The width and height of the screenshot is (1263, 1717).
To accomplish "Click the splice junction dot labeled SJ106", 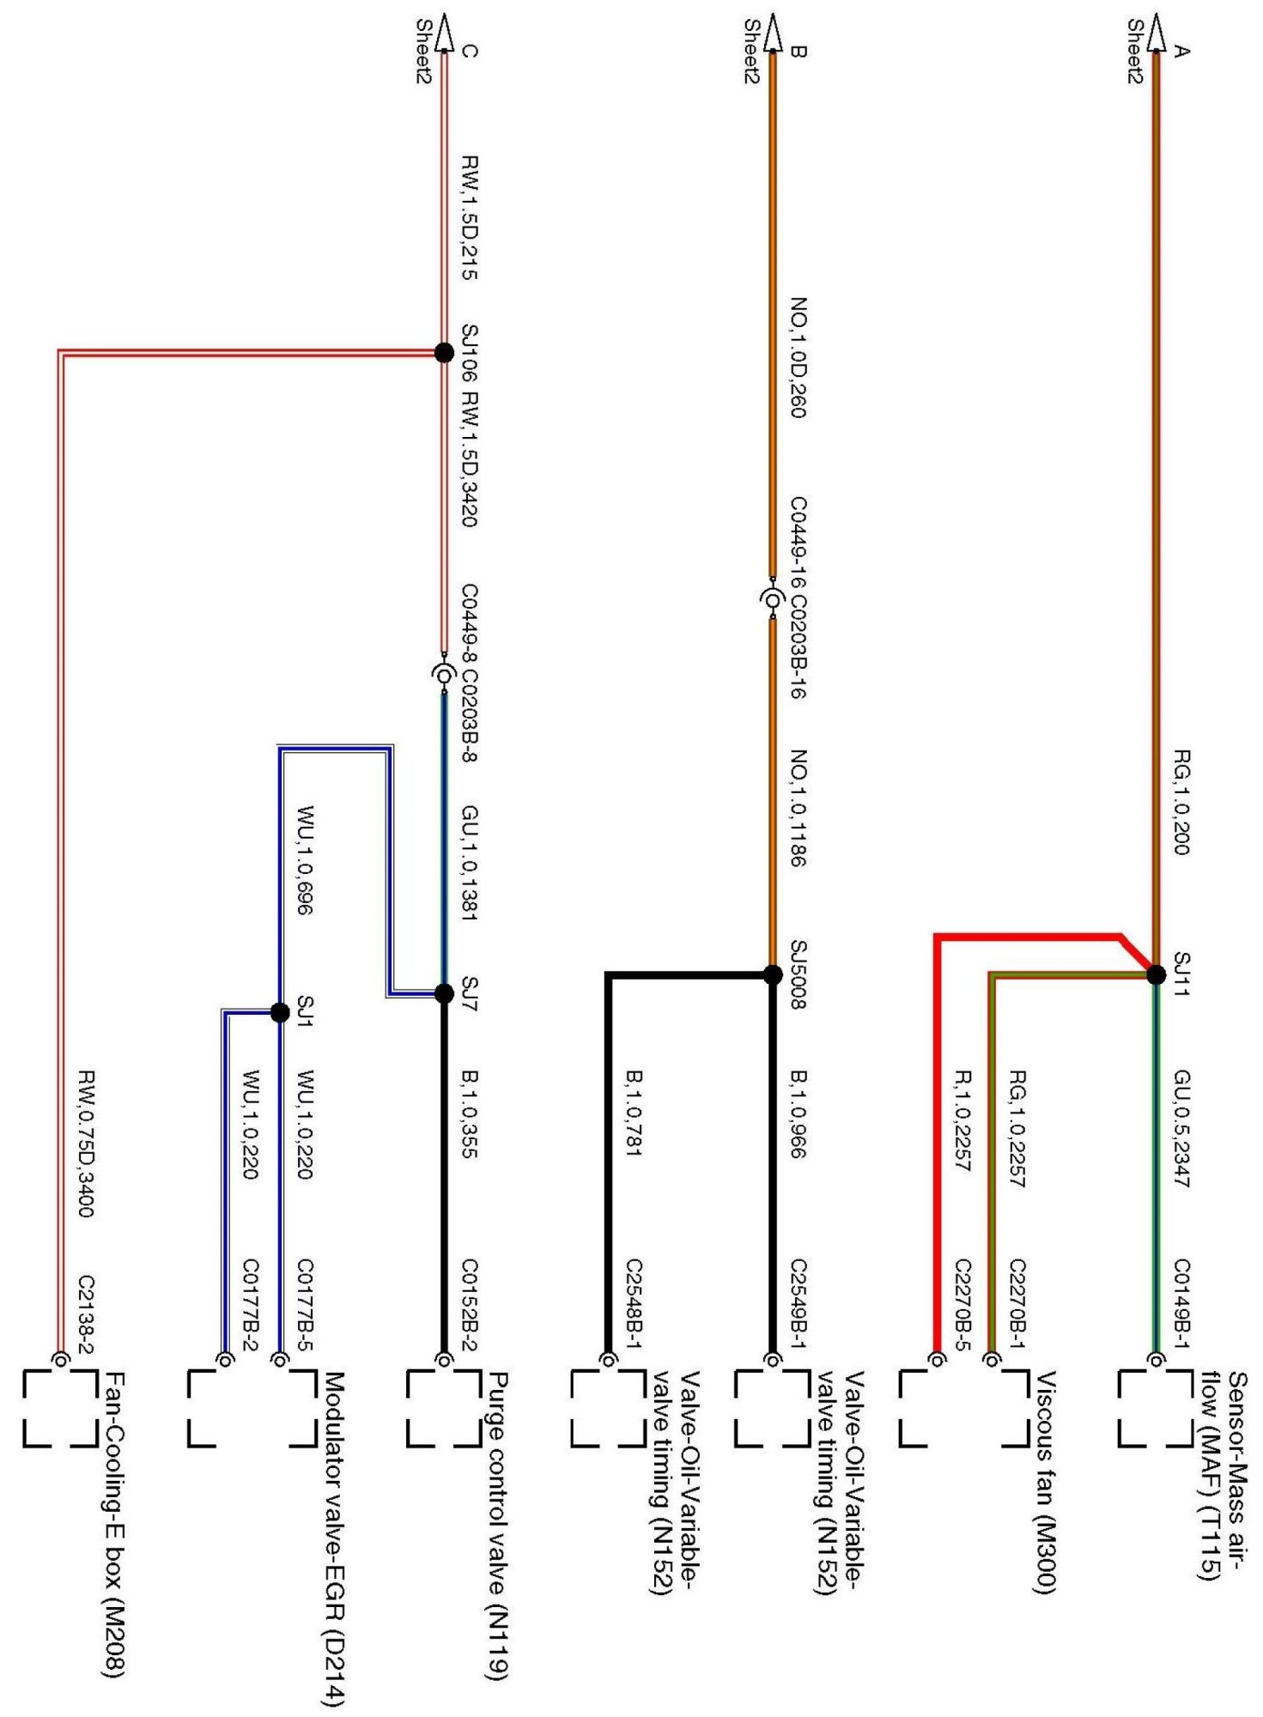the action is pos(444,352).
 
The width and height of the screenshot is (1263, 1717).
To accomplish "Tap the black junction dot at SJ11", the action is pos(1156,974).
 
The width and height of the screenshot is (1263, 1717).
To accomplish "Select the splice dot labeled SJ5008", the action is pos(773,974).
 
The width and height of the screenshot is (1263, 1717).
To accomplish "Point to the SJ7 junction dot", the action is pos(444,993).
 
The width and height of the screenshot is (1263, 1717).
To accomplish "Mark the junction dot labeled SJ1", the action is pos(279,1012).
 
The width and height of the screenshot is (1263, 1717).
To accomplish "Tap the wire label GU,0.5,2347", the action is pos(1182,1129).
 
